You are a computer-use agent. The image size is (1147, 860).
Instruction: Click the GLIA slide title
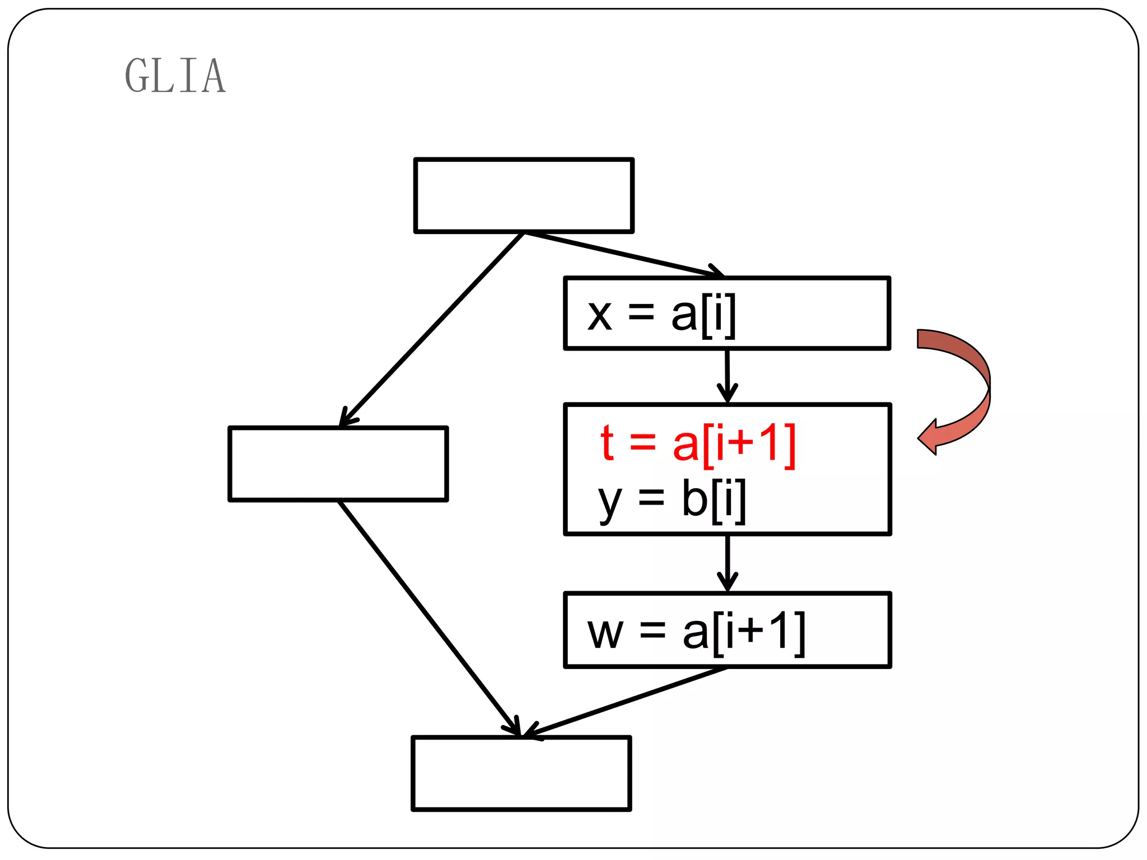click(175, 76)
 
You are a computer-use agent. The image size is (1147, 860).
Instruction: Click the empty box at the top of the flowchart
click(524, 195)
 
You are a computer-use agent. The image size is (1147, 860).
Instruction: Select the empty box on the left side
click(338, 464)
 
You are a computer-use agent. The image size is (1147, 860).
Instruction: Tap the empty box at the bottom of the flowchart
click(521, 773)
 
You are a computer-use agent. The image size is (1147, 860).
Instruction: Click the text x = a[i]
click(661, 315)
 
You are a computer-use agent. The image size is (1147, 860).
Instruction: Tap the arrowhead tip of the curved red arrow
click(920, 437)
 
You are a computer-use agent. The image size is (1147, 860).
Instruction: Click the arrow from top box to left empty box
click(431, 330)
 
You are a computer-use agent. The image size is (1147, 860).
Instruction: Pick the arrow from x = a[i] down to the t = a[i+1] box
click(728, 375)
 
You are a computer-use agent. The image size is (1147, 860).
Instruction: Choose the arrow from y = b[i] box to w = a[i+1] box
click(728, 563)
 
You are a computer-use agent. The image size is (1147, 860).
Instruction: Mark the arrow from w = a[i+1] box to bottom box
click(624, 702)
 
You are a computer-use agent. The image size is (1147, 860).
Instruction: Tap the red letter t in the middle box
click(607, 443)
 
